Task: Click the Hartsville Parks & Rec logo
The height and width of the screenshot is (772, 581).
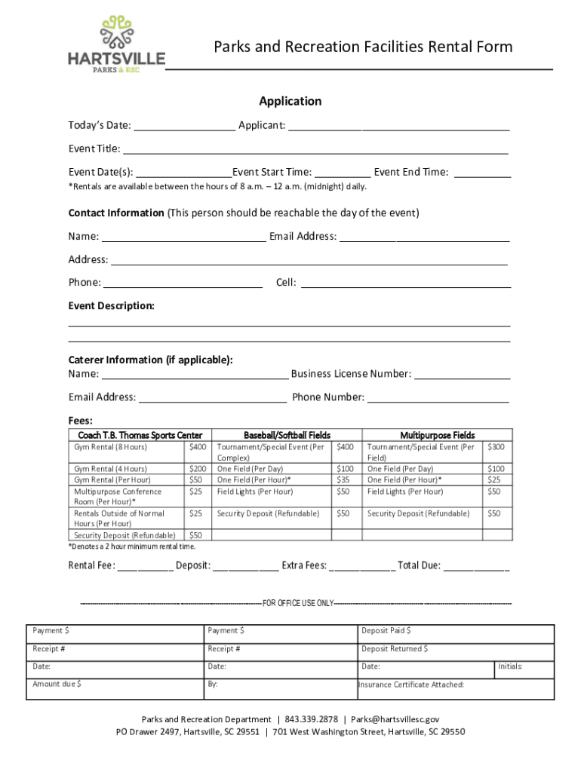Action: coord(116,44)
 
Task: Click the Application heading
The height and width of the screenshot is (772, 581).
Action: coord(290,101)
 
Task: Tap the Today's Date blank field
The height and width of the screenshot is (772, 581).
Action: coord(185,125)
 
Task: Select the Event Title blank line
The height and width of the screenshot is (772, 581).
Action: coord(315,149)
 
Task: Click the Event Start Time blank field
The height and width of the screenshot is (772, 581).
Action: coord(343,173)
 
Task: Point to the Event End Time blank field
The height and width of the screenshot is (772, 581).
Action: coord(483,173)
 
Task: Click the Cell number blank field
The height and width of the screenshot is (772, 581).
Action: coord(406,283)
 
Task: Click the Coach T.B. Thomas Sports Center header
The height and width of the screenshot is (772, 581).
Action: coord(137,435)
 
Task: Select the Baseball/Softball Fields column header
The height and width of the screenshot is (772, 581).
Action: coord(287,435)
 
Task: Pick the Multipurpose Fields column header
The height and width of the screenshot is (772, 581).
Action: coord(437,435)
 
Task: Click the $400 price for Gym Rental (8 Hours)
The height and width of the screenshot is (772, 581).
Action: coord(197,447)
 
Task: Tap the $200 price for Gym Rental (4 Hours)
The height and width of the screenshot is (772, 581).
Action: coord(197,469)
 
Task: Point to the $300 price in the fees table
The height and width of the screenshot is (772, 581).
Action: coord(495,447)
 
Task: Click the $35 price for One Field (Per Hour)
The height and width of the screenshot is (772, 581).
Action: coord(343,479)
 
